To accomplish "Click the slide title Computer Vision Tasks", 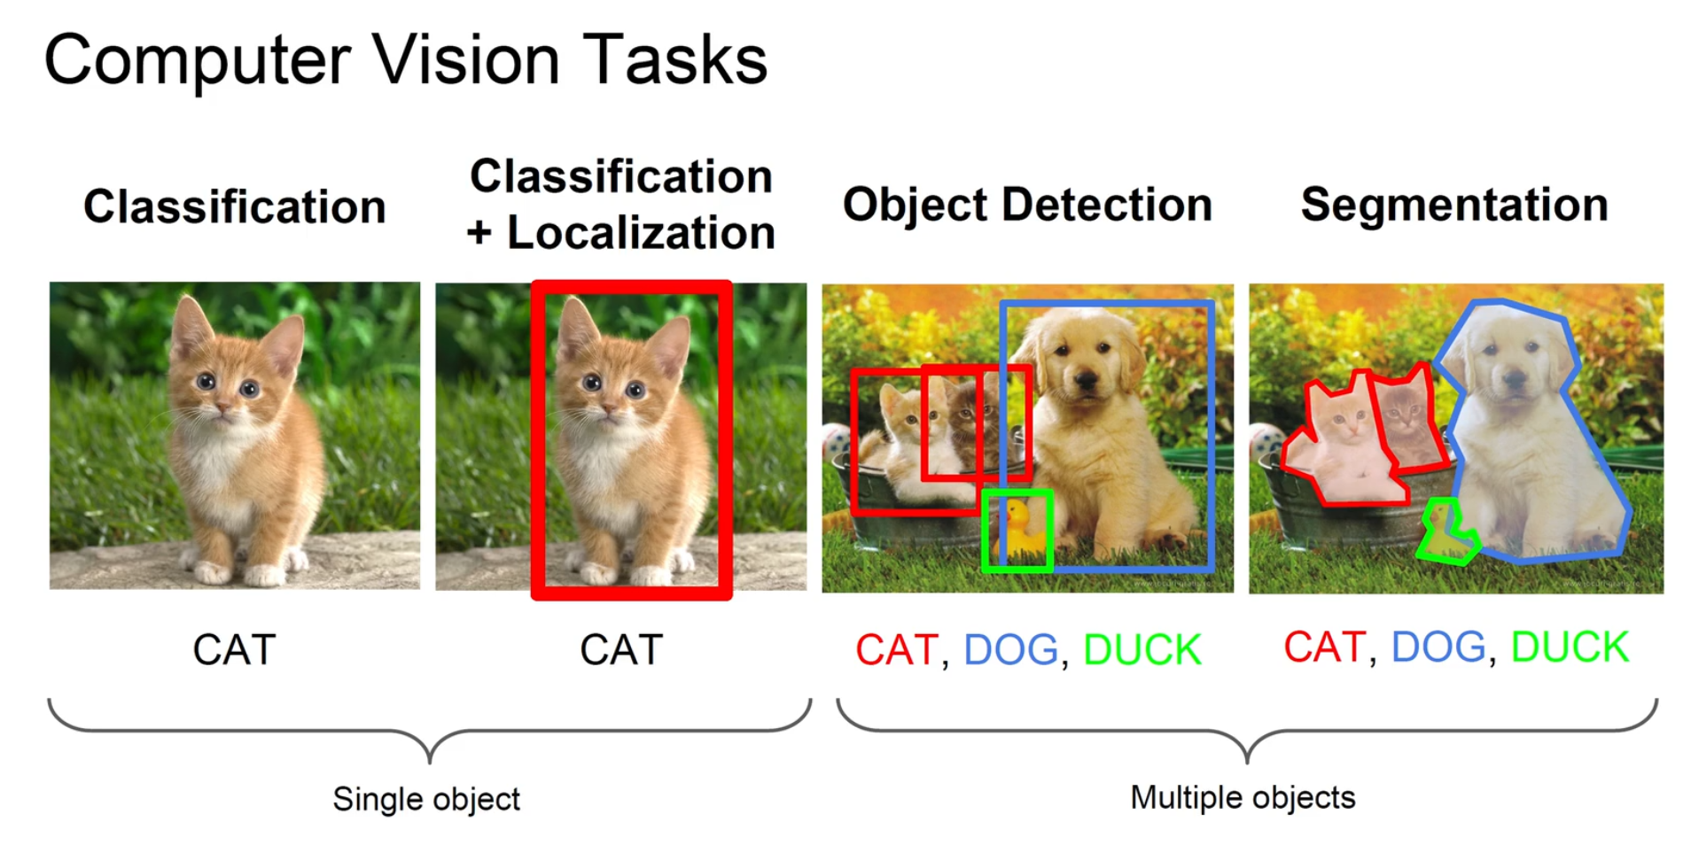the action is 405,59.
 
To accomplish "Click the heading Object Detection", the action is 1026,205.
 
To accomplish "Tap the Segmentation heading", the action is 1453,205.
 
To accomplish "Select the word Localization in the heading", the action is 641,232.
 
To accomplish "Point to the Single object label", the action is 426,799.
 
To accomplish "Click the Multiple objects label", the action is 1243,797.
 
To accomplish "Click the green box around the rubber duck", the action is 1017,530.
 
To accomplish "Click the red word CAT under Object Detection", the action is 896,649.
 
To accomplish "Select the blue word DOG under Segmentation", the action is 1438,647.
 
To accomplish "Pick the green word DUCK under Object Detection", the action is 1142,649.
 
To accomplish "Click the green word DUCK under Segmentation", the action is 1569,647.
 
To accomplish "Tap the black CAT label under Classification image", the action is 234,649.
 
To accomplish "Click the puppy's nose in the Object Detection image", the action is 1085,381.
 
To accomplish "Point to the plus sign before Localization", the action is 479,233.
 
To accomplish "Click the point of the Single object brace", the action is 430,758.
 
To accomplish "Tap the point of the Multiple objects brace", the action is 1247,758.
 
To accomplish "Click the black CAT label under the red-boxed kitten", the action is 620,649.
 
